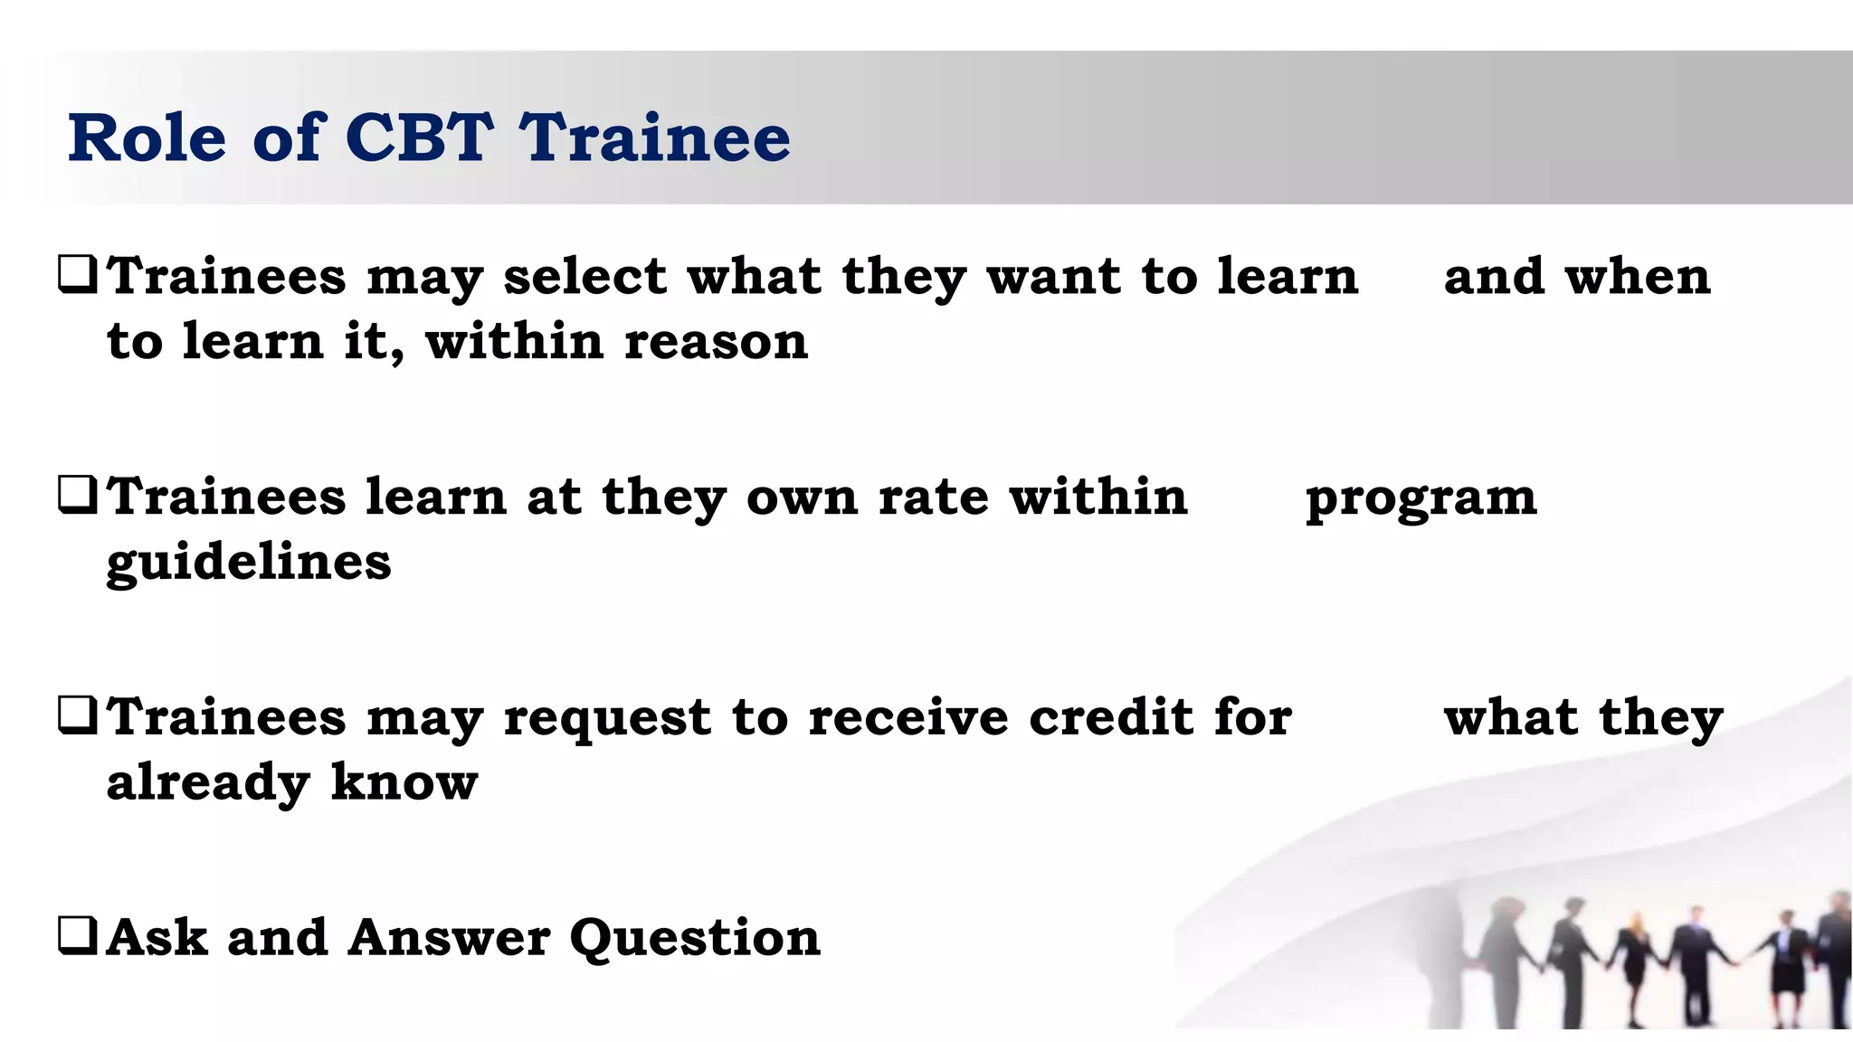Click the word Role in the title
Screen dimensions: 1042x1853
tap(147, 137)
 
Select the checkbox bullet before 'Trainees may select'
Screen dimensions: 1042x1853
tap(77, 275)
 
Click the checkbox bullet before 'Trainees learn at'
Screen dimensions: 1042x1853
tap(77, 496)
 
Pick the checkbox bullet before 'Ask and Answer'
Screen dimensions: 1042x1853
tap(77, 936)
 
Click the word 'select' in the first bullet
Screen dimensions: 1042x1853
tap(584, 276)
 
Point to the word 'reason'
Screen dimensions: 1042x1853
tap(716, 342)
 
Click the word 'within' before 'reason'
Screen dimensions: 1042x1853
tap(514, 342)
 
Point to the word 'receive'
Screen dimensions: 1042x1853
tap(907, 717)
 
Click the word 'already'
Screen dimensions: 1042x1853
tap(208, 783)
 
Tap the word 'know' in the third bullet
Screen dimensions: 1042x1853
tap(404, 782)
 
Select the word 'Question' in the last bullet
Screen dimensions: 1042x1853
tap(695, 939)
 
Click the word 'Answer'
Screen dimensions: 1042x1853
tap(449, 938)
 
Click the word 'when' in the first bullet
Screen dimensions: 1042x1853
tap(1638, 276)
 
